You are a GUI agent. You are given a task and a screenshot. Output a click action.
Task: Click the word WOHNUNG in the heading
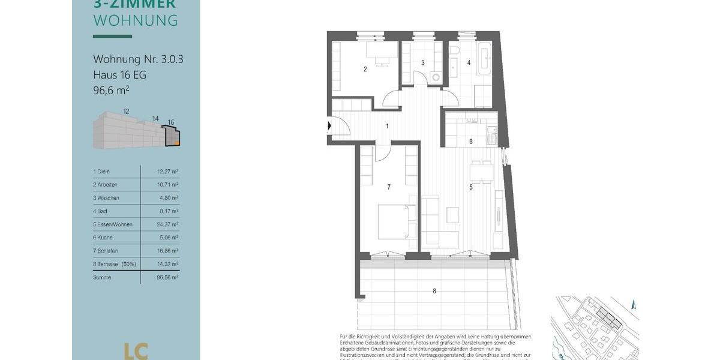(x=136, y=20)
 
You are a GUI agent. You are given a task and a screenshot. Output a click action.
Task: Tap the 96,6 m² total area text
(x=111, y=91)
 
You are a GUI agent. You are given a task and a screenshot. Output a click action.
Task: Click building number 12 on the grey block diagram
(x=126, y=112)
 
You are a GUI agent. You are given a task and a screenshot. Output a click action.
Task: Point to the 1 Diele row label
(x=101, y=172)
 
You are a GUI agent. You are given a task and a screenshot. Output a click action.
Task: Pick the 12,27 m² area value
(x=167, y=172)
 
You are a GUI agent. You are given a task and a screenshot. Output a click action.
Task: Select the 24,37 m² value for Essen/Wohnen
(x=167, y=224)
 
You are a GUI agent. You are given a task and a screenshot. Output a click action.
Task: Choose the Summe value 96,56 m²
(x=167, y=277)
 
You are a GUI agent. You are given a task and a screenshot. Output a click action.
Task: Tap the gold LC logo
(x=136, y=351)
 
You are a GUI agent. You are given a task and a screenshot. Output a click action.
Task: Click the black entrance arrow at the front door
(x=329, y=126)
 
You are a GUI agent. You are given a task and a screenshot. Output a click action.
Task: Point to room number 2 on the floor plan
(x=365, y=69)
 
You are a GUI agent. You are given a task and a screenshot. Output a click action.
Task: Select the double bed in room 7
(x=396, y=221)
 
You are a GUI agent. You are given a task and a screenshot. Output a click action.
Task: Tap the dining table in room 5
(x=482, y=173)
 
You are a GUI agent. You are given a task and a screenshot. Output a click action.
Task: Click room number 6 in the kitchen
(x=471, y=142)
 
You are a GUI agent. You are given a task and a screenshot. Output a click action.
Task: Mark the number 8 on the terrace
(x=434, y=292)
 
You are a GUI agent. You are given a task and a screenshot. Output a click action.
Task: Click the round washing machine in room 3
(x=436, y=77)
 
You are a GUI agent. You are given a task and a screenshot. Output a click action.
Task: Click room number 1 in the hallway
(x=387, y=126)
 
